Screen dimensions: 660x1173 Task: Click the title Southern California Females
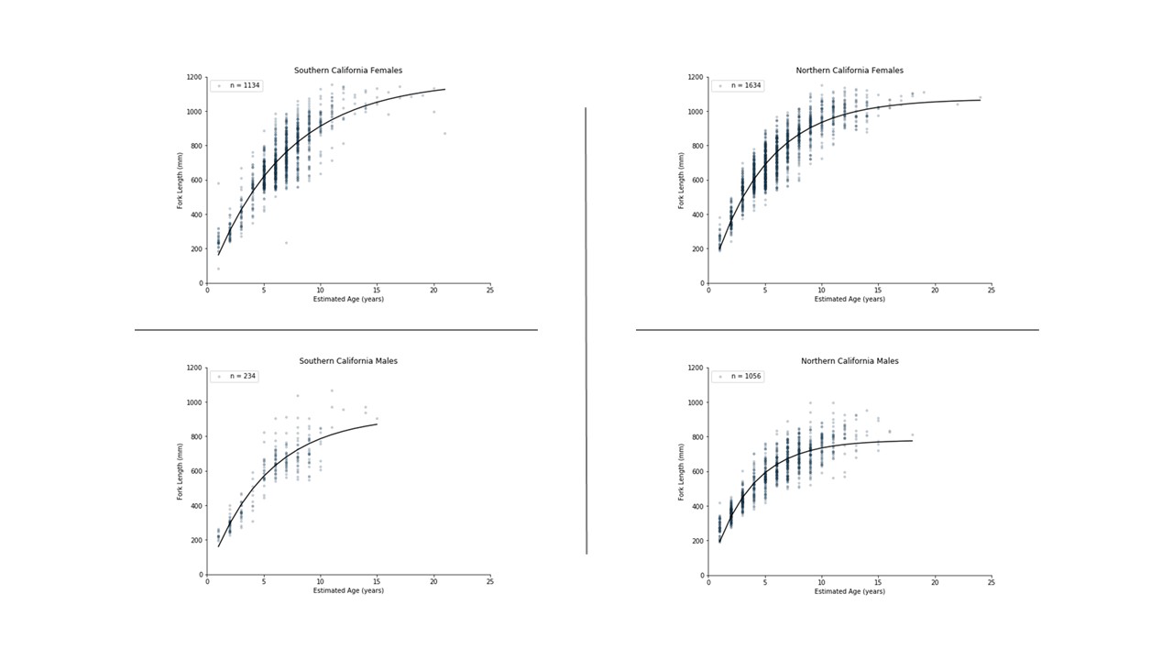coord(348,71)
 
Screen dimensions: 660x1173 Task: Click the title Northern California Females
coord(850,71)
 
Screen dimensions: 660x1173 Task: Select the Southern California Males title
coord(348,361)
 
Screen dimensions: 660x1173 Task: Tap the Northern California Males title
coord(850,361)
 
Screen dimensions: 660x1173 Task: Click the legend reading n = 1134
coord(236,85)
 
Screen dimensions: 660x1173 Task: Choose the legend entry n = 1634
coord(738,85)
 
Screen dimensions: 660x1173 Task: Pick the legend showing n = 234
coord(235,376)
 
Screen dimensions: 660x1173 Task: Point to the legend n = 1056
coord(738,376)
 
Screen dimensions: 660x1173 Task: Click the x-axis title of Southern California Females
coord(348,300)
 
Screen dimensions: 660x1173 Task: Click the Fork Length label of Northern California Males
coord(682,471)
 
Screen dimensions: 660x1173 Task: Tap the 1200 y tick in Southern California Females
coord(195,78)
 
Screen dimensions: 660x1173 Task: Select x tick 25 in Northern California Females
coord(992,291)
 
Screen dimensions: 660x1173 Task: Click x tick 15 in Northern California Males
coord(878,582)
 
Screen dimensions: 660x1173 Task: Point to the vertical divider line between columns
coord(586,330)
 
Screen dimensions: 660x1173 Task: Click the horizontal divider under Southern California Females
coord(335,329)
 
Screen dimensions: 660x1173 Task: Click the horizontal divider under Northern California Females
coord(837,329)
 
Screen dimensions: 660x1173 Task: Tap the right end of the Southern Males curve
coord(377,423)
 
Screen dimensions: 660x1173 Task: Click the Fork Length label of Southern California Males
coord(181,471)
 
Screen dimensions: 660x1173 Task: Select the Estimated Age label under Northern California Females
coord(850,300)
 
